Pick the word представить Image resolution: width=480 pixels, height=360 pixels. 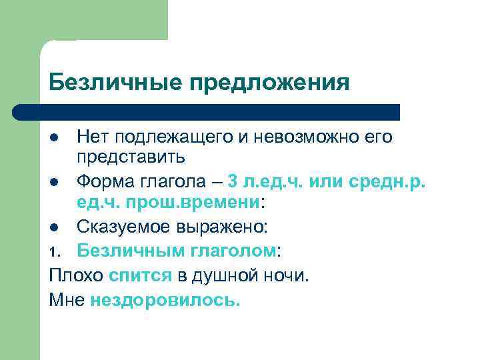tap(131, 157)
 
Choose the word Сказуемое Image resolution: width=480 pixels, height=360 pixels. tap(125, 226)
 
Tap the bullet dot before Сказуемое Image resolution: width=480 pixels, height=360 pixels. tap(54, 227)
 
